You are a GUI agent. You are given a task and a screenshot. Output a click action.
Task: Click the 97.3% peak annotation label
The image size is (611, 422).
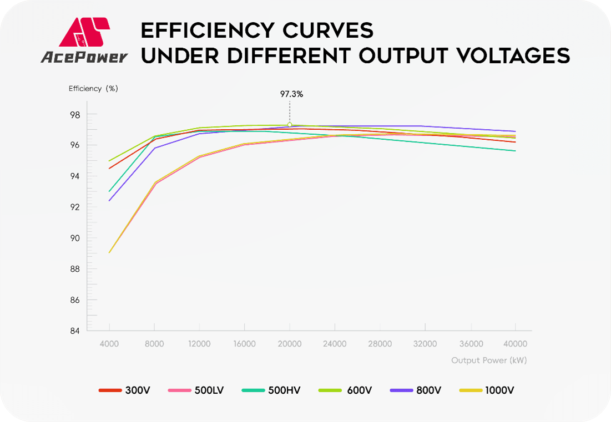pos(291,94)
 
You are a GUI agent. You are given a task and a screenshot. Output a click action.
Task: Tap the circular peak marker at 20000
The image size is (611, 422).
pos(290,125)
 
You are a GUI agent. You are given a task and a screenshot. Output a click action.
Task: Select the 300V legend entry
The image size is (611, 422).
pos(124,390)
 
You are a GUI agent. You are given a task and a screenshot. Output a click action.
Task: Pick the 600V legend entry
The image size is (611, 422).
pos(345,390)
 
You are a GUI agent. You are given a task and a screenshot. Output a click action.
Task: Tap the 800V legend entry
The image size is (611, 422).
pos(416,390)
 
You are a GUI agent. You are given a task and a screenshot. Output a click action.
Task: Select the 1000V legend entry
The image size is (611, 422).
pos(487,390)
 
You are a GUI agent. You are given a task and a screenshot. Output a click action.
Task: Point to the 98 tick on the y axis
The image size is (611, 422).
pos(75,115)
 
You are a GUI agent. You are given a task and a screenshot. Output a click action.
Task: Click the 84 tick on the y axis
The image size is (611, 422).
pos(75,331)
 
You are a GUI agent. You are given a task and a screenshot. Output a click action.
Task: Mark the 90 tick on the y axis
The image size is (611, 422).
pos(75,238)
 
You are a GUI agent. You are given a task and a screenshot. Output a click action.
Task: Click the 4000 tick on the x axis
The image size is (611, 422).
pos(109,344)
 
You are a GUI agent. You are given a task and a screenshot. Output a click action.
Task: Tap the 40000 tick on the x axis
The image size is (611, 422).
pos(516,344)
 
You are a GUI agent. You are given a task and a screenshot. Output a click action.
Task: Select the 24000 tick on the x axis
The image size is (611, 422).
pos(335,344)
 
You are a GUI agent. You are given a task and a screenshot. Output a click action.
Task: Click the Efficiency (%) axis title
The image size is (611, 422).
pos(93,88)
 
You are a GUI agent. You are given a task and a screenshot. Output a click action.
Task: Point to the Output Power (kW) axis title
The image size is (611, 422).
pos(488,360)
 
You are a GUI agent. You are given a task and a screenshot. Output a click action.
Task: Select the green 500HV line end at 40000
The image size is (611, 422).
pos(515,151)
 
